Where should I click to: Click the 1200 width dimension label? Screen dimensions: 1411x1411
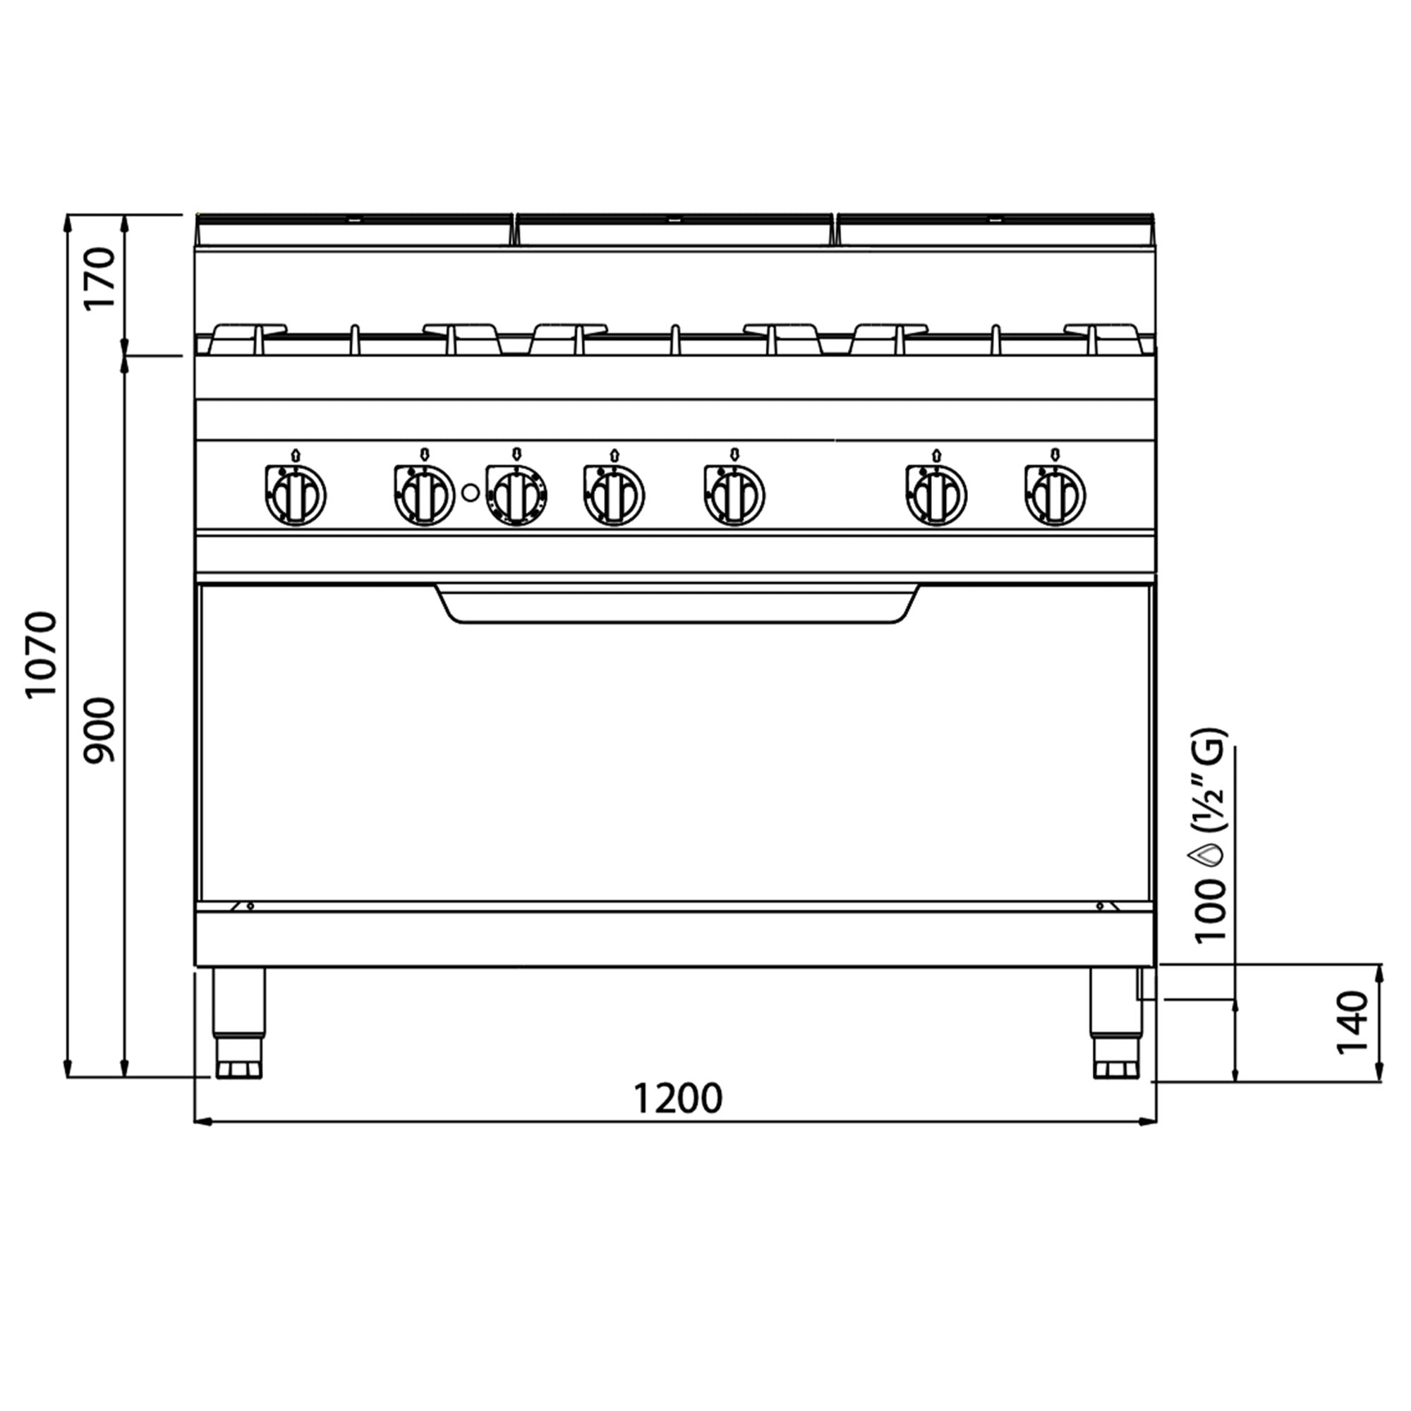(678, 1098)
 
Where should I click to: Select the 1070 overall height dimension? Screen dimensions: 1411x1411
(41, 655)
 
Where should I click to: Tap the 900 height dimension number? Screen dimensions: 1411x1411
(99, 730)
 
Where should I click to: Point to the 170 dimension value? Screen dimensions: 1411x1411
(99, 278)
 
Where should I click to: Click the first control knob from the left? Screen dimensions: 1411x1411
(295, 495)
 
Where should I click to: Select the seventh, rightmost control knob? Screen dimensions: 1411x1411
(1055, 495)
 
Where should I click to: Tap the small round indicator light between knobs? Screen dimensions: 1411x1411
(471, 493)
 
